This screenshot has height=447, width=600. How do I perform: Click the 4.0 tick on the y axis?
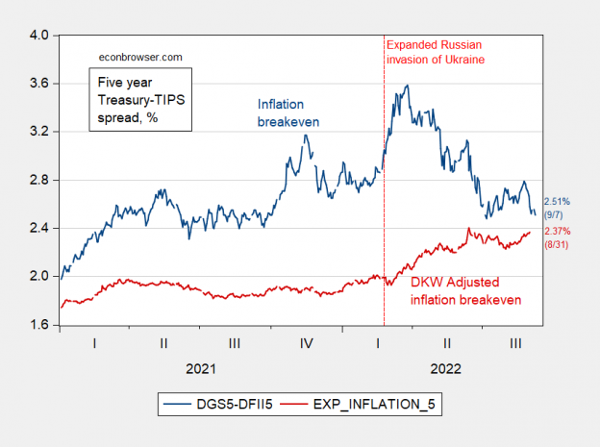(x=38, y=36)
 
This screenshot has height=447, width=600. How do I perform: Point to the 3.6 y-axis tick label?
(x=38, y=84)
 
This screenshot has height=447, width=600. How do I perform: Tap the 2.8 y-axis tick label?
(x=38, y=180)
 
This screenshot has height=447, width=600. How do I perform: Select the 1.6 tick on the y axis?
(x=38, y=325)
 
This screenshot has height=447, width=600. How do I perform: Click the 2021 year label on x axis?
(x=201, y=368)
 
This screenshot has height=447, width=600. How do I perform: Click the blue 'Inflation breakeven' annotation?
(x=287, y=112)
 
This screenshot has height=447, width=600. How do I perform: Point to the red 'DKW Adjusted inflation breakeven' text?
(x=465, y=290)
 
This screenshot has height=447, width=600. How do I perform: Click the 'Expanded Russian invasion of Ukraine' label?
(x=434, y=52)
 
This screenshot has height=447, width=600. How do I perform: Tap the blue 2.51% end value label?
(x=557, y=202)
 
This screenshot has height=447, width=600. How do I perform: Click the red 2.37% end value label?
(x=557, y=232)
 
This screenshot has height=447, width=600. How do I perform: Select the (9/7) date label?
(x=556, y=215)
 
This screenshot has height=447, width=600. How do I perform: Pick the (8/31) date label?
(x=557, y=245)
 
